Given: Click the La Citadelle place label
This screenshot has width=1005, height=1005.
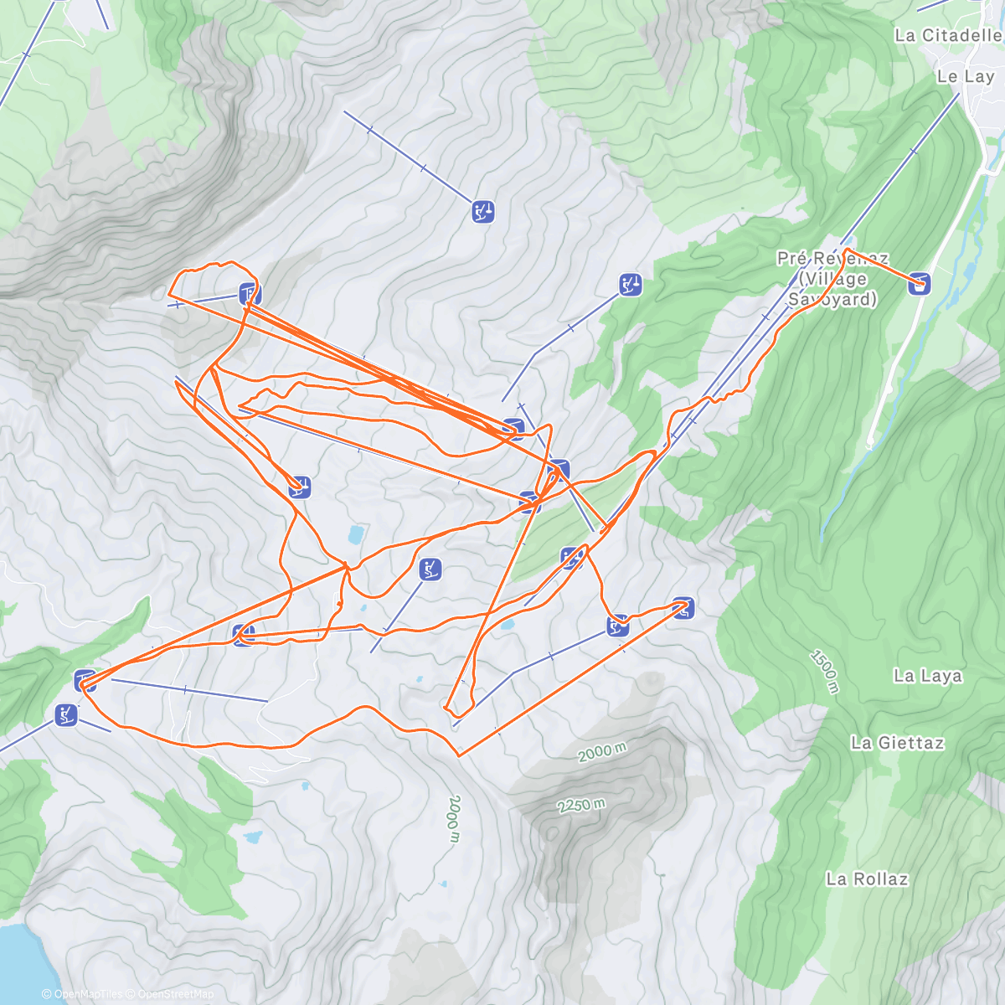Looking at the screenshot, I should [x=947, y=35].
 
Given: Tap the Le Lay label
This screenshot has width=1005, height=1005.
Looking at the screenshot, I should [x=965, y=76].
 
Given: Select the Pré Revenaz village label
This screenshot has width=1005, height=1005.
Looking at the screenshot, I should [x=832, y=278].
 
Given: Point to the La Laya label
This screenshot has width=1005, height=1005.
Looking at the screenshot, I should [x=927, y=676].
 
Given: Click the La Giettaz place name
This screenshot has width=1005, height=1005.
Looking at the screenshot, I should [x=897, y=742].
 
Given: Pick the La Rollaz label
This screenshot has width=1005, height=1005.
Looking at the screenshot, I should [x=867, y=879].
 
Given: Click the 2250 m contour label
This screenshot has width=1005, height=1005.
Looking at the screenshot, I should [x=581, y=806].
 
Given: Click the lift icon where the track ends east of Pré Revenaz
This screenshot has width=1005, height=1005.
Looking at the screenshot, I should [x=920, y=284].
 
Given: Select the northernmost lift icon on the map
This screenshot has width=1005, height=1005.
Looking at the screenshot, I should [x=482, y=212].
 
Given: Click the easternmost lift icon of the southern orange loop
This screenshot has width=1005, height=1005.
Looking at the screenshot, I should [x=683, y=608].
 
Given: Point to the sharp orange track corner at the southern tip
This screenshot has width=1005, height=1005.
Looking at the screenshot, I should [x=459, y=755].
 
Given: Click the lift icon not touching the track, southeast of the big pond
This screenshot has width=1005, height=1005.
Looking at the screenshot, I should [x=430, y=570].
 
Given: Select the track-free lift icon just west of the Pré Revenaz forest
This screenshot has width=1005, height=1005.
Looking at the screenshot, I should [x=631, y=285].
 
